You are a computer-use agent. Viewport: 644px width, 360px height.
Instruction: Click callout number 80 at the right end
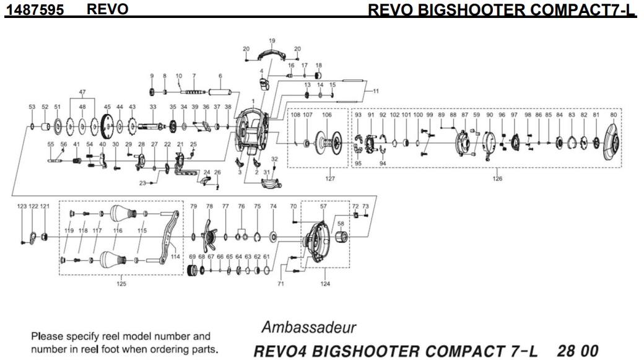614,115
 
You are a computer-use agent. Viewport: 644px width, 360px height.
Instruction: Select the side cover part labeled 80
613,142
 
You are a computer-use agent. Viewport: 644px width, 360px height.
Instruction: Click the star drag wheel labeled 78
210,236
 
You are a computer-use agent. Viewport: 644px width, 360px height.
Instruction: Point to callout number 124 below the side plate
324,284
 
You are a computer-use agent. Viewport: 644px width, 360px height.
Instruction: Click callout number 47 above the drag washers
82,92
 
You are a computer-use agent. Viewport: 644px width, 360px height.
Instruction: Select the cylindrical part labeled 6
220,92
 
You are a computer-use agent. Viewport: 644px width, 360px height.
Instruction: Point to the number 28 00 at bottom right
580,350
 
